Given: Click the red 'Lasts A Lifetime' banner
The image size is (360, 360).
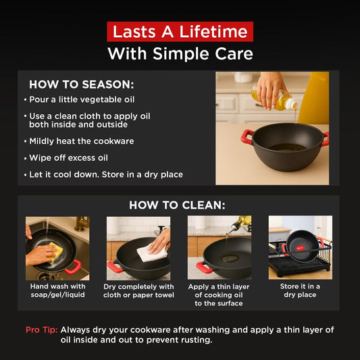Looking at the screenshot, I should (180, 32).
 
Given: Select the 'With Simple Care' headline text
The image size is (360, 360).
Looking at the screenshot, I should (180, 53).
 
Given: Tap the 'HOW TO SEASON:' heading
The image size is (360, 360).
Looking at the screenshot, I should (82, 85).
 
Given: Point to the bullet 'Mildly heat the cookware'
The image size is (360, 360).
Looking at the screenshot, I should (81, 141).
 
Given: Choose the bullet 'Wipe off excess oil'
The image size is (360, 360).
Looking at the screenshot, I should (68, 158).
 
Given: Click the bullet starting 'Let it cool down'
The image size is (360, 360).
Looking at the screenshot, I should (105, 175).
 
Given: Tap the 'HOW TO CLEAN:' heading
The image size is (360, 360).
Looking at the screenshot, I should (178, 205).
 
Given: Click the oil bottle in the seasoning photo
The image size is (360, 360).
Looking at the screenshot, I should (282, 99).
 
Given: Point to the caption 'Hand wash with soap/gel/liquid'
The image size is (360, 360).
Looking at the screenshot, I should (57, 290).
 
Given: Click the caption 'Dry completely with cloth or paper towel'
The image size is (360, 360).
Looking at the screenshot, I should (138, 290).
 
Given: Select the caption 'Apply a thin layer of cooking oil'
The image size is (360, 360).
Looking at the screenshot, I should (219, 294).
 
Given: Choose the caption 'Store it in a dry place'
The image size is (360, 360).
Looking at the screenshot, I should (300, 290).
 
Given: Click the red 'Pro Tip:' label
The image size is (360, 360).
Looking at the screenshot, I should (41, 330).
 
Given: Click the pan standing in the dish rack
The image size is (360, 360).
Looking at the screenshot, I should (301, 248).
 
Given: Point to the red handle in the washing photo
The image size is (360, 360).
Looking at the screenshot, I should (72, 267).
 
